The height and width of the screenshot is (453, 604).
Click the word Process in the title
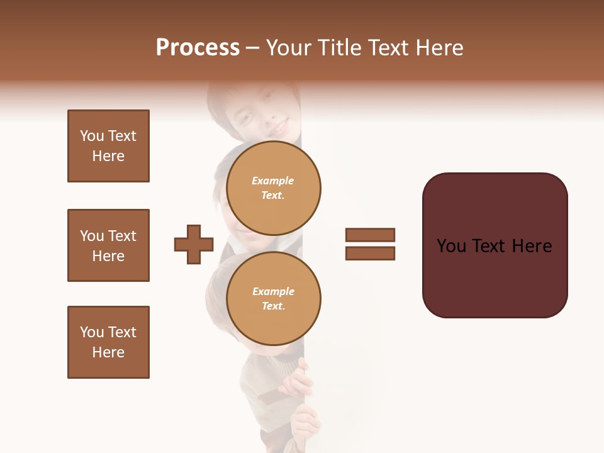(x=198, y=48)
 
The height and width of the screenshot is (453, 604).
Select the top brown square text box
(x=108, y=146)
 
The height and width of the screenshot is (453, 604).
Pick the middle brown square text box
(x=108, y=245)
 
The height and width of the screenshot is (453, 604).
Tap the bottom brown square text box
(x=108, y=342)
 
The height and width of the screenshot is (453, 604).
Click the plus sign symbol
(x=194, y=244)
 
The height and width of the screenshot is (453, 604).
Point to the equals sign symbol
(x=370, y=244)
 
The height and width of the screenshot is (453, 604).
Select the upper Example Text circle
(x=273, y=187)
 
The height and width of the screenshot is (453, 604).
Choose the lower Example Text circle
(x=273, y=298)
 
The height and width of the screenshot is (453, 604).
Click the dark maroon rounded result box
(x=495, y=245)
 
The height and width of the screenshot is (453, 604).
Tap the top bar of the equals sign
(x=370, y=235)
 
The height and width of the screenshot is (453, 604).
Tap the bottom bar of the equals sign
(x=370, y=254)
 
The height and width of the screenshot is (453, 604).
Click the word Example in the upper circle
(x=273, y=181)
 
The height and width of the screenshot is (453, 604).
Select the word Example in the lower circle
(x=273, y=291)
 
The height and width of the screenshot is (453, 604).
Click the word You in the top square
(x=92, y=136)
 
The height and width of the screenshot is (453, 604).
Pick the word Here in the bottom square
(x=108, y=352)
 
